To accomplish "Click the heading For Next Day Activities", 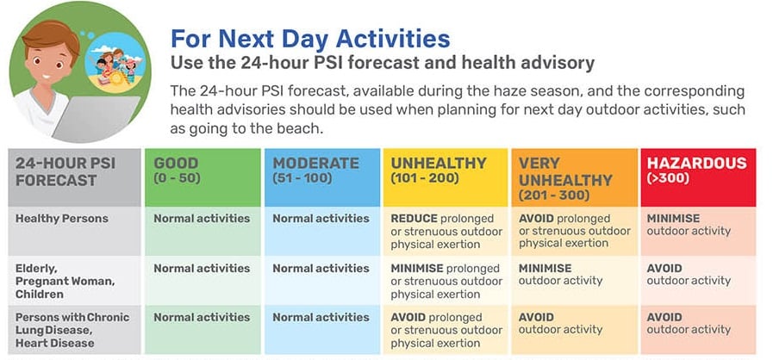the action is [x=309, y=39].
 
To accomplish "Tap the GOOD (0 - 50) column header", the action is [x=203, y=177].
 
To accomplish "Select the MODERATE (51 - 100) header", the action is [x=322, y=177].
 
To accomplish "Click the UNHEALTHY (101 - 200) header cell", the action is [x=446, y=177].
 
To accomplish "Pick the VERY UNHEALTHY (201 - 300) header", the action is [x=574, y=177].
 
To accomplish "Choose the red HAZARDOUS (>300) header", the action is [x=698, y=177].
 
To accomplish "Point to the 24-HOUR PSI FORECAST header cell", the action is [x=74, y=177].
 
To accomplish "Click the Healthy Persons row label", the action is [x=62, y=219].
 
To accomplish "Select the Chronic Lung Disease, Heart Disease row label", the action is [x=72, y=330].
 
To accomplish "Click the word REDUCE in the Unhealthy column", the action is [x=415, y=218].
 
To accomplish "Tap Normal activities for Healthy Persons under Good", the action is [x=202, y=218].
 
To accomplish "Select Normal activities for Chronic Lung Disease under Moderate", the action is [x=321, y=317].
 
